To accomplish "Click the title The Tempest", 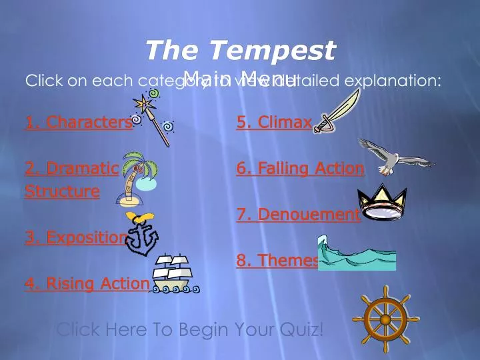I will coord(240,50).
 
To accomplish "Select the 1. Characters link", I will coord(78,122).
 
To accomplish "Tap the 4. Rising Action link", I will coord(87,283).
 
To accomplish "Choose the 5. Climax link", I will coord(274,122).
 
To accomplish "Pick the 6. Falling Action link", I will coord(300,169).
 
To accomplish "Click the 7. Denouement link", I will coord(298,215).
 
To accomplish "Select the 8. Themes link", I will coord(277,261).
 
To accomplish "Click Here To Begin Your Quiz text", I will coord(190,329).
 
